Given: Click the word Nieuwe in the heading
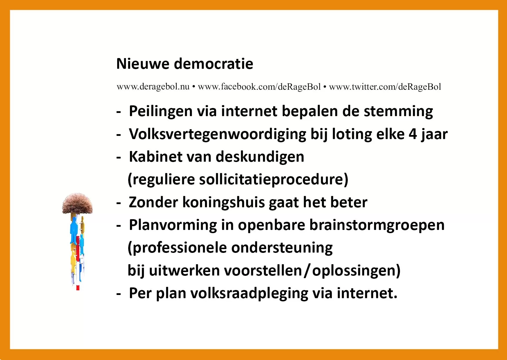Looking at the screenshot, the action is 143,64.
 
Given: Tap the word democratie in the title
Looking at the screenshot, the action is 213,64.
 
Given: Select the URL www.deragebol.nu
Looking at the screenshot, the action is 153,87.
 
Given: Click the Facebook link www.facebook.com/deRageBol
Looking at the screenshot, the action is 259,87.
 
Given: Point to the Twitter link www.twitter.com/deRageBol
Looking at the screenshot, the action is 385,87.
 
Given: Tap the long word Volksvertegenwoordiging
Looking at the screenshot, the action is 218,134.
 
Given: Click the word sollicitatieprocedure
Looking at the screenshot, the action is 274,180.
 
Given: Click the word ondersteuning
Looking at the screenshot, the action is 282,248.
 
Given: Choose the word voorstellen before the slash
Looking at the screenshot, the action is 263,271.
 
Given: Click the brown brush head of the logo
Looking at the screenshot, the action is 77,204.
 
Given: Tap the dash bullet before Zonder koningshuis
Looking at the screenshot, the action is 118,203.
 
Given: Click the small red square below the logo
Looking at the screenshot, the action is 78,288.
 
